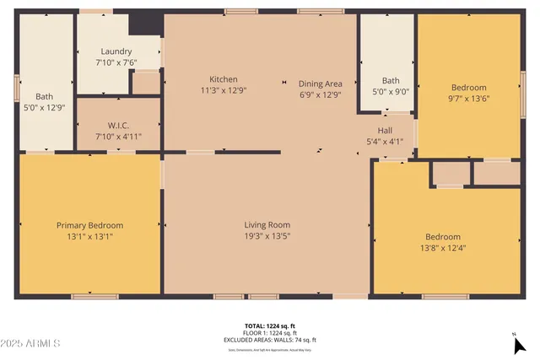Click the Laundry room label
[x=116, y=51]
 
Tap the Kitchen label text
[x=224, y=79]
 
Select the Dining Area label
[x=320, y=83]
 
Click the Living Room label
[x=267, y=224]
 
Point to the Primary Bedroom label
[x=89, y=225]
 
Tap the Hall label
[x=385, y=130]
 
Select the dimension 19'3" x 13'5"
[x=267, y=236]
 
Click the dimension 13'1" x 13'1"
[x=89, y=237]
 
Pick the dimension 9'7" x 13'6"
[x=468, y=99]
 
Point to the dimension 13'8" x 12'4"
[x=443, y=248]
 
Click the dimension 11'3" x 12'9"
[x=224, y=90]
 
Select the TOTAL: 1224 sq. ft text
[x=269, y=325]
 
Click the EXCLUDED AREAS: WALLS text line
[x=269, y=340]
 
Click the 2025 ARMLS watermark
[x=31, y=344]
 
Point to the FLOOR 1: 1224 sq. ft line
[x=269, y=332]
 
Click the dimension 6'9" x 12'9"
[x=320, y=94]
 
